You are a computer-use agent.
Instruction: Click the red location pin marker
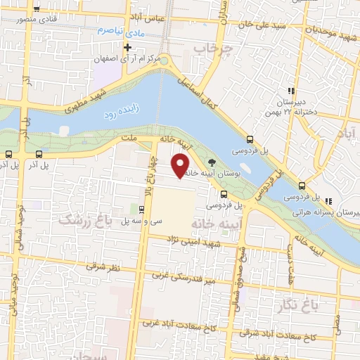[181, 165]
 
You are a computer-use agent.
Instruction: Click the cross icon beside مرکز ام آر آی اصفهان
[127, 48]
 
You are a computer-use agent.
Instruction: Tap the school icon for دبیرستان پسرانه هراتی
[328, 201]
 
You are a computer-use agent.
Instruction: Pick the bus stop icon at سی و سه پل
[142, 209]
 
